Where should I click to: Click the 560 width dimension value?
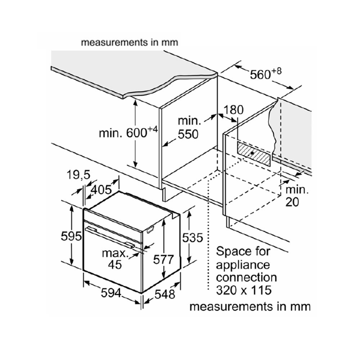click(260, 75)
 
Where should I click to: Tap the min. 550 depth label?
click(188, 127)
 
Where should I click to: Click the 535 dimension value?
click(193, 238)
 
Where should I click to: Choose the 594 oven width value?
click(111, 293)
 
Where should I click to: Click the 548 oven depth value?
click(165, 294)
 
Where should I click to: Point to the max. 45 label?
click(115, 259)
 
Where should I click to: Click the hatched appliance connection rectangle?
click(253, 153)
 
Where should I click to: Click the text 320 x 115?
click(243, 290)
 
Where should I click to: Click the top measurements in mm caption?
click(130, 42)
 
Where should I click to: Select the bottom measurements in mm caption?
click(249, 307)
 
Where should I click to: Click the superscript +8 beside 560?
click(276, 71)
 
